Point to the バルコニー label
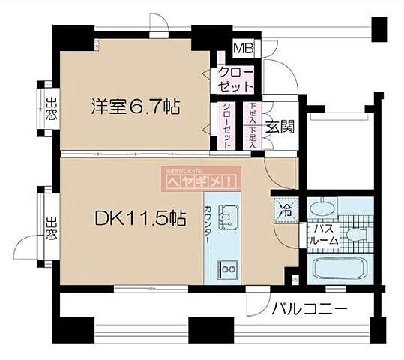tap(308, 308)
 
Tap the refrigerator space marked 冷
tap(286, 211)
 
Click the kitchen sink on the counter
tap(226, 218)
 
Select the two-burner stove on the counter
tap(226, 267)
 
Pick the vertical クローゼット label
tap(226, 124)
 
